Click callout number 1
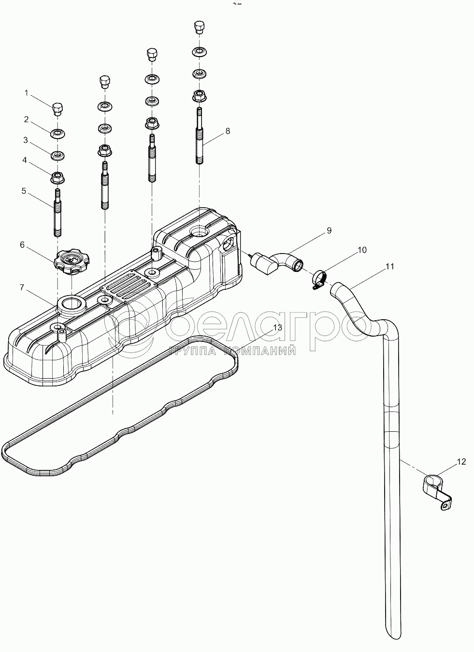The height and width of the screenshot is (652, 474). [27, 93]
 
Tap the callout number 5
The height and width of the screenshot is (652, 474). [24, 191]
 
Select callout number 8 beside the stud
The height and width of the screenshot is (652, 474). [228, 131]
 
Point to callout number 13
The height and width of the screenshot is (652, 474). [277, 327]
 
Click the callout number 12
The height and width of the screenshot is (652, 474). [461, 462]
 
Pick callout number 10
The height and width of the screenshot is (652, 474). [362, 250]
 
